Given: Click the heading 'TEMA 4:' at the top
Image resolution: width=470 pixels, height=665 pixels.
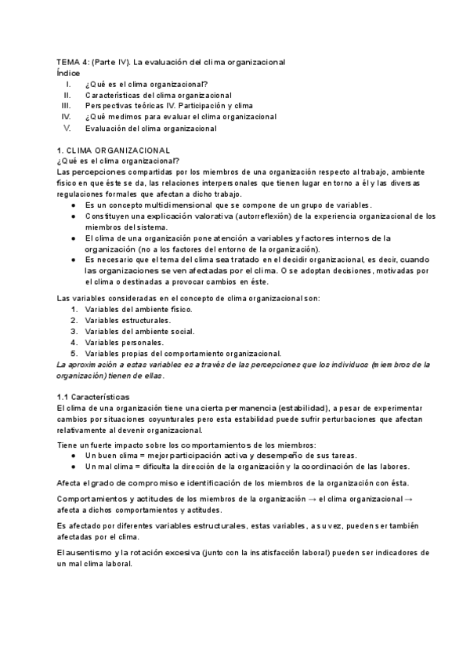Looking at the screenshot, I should [x=73, y=61].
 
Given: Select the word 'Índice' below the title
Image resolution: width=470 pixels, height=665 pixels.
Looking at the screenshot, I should [x=68, y=72].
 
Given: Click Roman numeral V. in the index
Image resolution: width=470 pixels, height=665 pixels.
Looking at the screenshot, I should [x=67, y=127].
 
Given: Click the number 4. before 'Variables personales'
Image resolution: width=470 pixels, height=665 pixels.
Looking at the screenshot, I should [x=74, y=342].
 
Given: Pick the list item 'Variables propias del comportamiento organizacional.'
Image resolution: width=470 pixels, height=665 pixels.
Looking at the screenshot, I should [x=183, y=353].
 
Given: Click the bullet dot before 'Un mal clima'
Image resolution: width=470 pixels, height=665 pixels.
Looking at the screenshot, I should [x=74, y=466].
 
